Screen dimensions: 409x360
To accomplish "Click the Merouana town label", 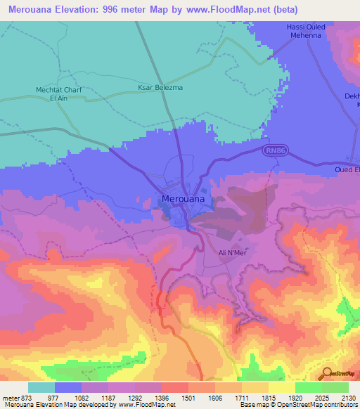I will (x=184, y=199).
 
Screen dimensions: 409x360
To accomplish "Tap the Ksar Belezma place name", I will (x=150, y=89).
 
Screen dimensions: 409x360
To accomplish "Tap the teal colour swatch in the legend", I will (x=41, y=387).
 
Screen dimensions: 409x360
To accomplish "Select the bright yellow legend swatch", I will (x=282, y=387).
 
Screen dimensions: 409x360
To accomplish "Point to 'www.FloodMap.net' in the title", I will (x=227, y=10).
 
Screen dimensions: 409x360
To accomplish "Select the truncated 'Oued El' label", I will (x=347, y=169).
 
